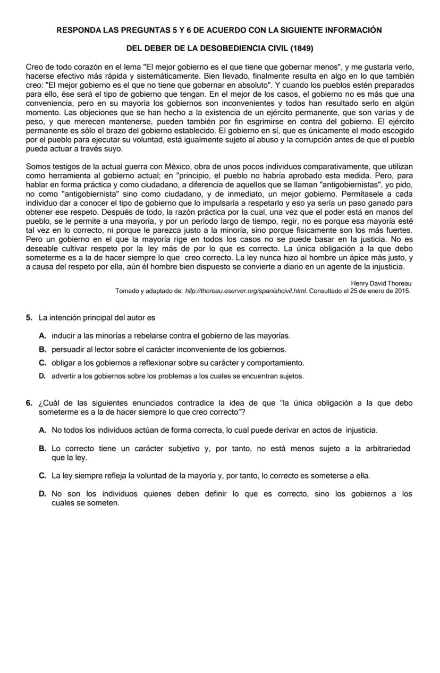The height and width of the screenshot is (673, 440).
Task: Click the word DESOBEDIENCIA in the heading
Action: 225,48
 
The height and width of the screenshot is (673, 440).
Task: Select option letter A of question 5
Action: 42,336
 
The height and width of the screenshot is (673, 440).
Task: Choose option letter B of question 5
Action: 42,349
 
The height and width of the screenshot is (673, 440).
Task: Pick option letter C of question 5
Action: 42,363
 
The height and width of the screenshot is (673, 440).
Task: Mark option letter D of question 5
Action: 42,376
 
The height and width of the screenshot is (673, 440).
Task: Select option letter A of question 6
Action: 42,430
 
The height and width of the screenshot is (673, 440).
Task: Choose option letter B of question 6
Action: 42,449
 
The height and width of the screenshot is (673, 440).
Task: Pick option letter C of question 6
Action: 42,475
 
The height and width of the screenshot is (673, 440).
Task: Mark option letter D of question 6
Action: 42,494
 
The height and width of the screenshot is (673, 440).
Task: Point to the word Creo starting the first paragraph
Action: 34,67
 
